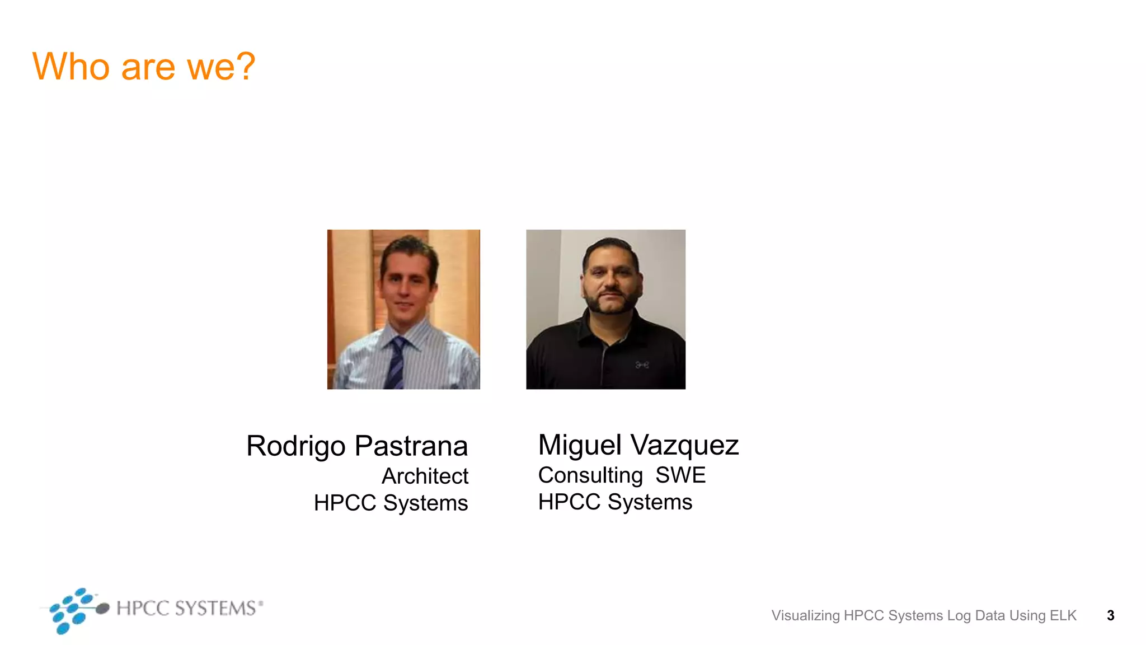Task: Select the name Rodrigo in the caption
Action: pyautogui.click(x=296, y=446)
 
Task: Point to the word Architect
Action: pyautogui.click(x=425, y=476)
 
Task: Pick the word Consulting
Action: pyautogui.click(x=590, y=475)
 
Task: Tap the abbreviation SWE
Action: pyautogui.click(x=680, y=475)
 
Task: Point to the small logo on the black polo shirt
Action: pyautogui.click(x=642, y=365)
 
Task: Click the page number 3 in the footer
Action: pyautogui.click(x=1110, y=615)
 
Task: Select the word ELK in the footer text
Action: pyautogui.click(x=1063, y=615)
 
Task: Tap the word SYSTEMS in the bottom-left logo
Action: pyautogui.click(x=215, y=608)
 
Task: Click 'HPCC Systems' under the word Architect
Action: pyautogui.click(x=391, y=503)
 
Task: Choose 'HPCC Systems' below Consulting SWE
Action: pyautogui.click(x=615, y=502)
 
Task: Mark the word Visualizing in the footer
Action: pyautogui.click(x=805, y=615)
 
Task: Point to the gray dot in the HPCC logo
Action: pyautogui.click(x=102, y=609)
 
